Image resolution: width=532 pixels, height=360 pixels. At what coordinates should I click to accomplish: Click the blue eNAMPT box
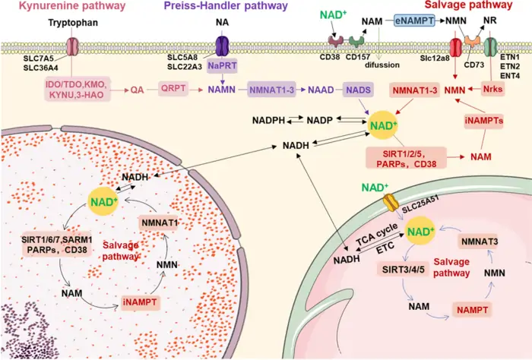(x=413, y=23)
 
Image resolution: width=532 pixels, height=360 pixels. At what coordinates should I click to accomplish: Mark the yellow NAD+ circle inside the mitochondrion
(x=425, y=229)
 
